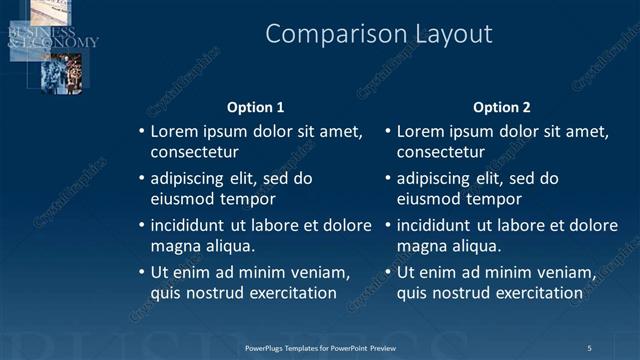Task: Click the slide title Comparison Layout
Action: click(379, 34)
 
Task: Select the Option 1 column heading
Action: click(256, 107)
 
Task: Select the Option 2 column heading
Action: click(502, 107)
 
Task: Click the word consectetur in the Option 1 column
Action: click(194, 153)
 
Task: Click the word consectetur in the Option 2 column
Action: click(441, 153)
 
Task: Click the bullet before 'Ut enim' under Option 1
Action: click(140, 272)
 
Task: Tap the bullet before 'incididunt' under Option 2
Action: click(387, 225)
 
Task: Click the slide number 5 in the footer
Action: click(589, 348)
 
